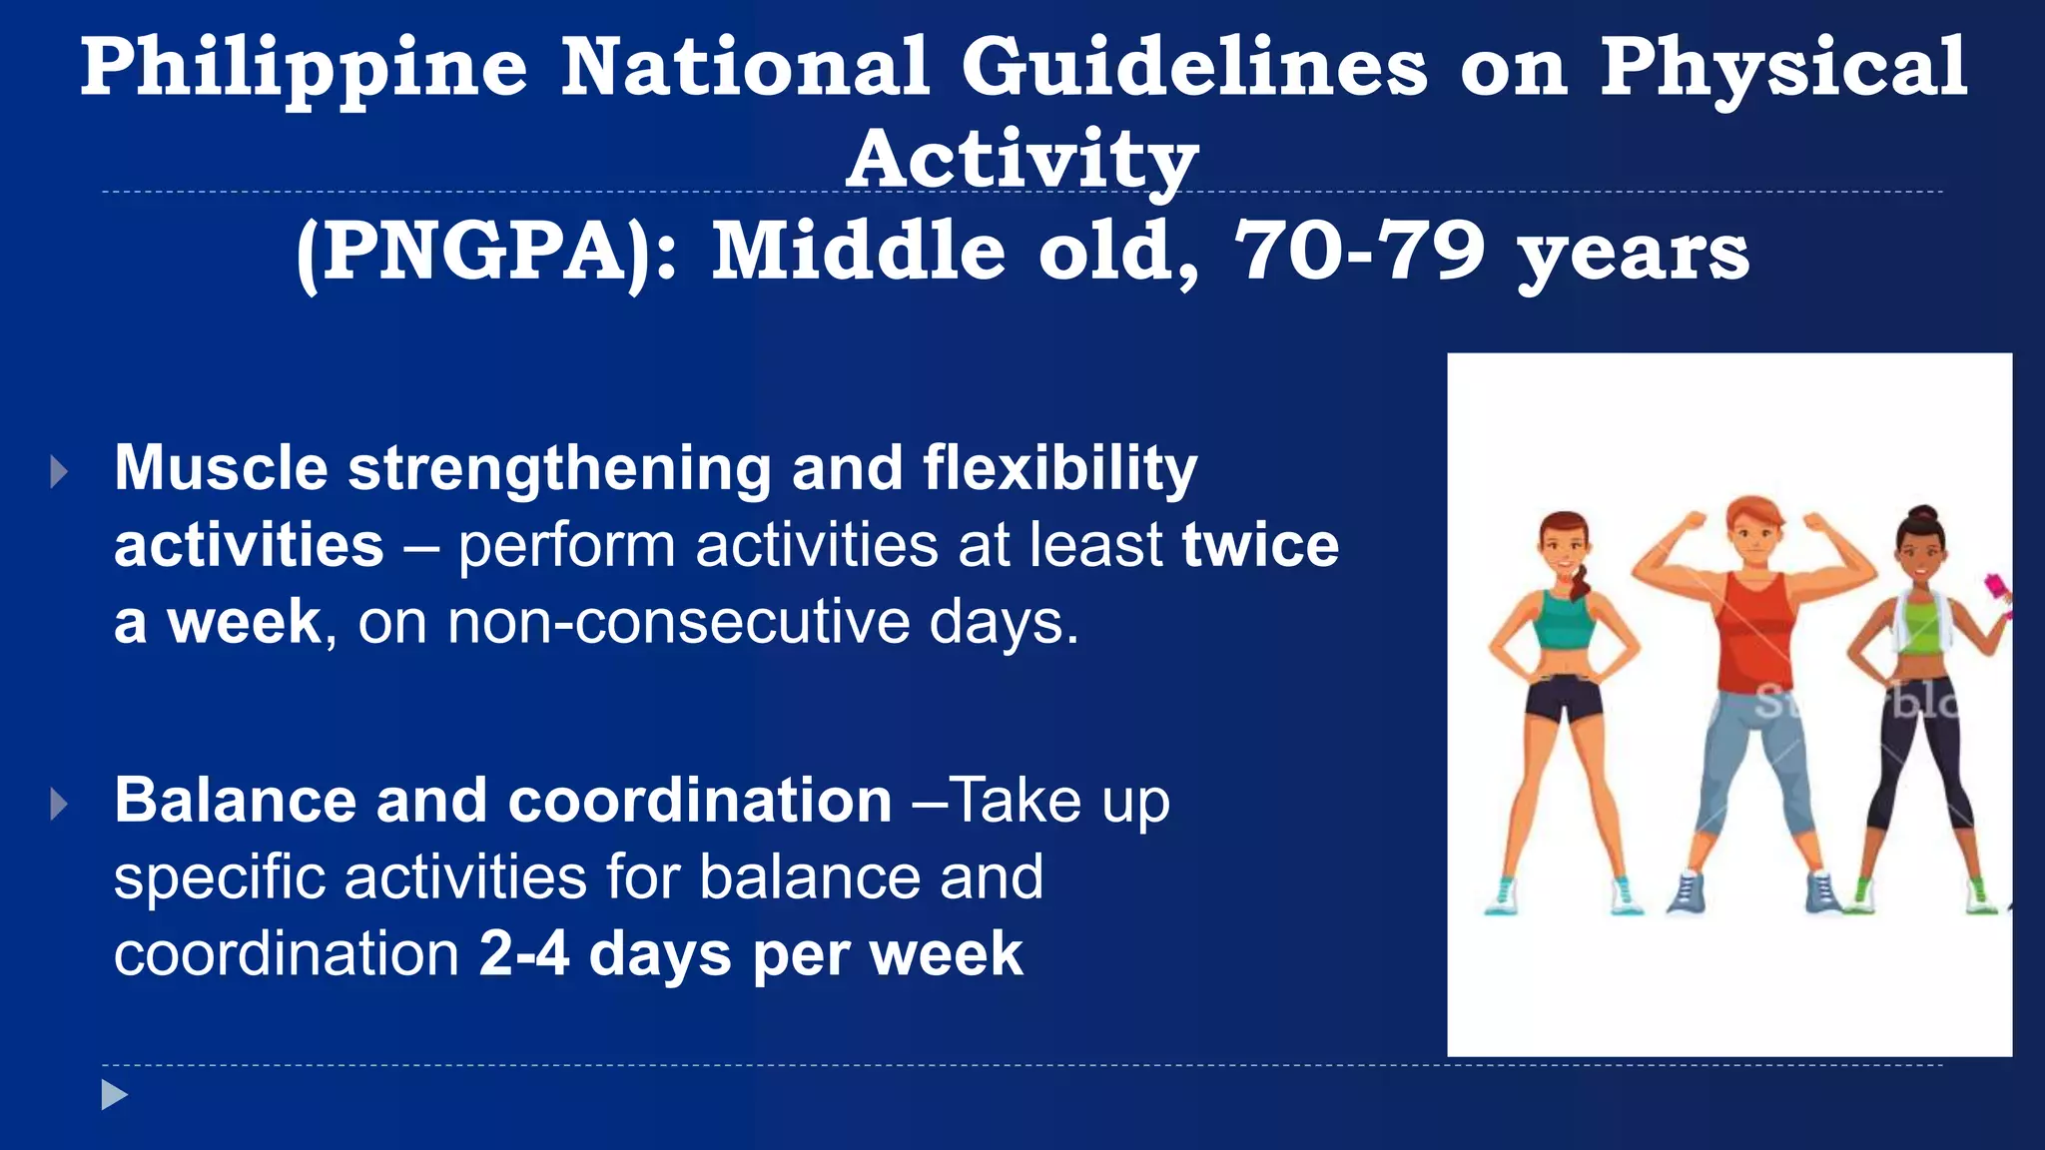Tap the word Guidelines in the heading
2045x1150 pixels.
coord(1194,68)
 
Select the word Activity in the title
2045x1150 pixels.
coord(1022,160)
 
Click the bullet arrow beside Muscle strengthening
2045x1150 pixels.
coord(59,471)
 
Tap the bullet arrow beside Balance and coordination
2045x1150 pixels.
coord(59,804)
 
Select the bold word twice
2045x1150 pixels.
coord(1260,545)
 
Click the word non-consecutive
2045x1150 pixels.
coord(679,622)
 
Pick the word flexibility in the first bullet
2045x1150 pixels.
coord(1059,468)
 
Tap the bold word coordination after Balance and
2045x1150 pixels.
coord(699,801)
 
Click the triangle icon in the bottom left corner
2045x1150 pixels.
coord(114,1095)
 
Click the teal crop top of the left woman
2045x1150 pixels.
coord(1563,623)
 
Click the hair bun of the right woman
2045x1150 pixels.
coord(1923,515)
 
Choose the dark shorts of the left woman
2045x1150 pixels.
coord(1564,698)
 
